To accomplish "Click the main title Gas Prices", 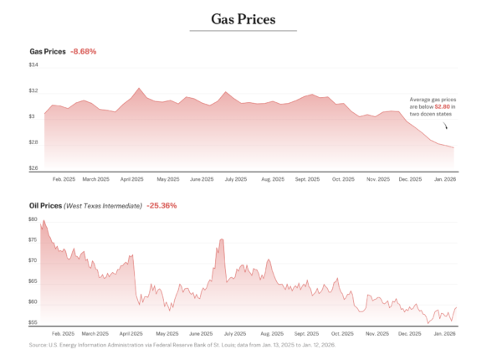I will [x=243, y=18].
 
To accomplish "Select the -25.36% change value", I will [x=161, y=205].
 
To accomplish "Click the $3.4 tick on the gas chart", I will [x=34, y=65].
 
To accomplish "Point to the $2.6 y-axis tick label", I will [x=34, y=168].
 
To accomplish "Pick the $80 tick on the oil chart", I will [x=33, y=219].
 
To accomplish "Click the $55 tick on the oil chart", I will [x=33, y=322].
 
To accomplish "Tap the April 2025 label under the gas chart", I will [x=132, y=179].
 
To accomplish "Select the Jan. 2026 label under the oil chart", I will [x=443, y=333].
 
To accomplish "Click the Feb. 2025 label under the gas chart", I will [x=64, y=179].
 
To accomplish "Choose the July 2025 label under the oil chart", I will [x=235, y=333].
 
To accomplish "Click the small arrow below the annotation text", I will [x=446, y=126].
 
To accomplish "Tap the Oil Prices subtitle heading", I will [x=47, y=205].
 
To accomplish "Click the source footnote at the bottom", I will [x=182, y=345].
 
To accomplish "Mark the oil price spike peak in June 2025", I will [x=222, y=239].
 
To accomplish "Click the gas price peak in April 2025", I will [x=140, y=88].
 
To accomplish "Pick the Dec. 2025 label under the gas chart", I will [x=410, y=179].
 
